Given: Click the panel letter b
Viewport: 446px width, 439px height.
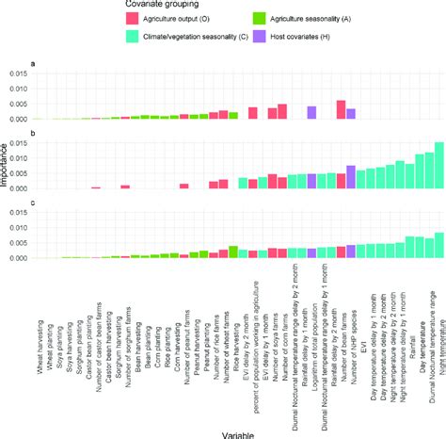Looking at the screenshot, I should click(35, 135).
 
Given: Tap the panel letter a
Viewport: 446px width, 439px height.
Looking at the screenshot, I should click(35, 65).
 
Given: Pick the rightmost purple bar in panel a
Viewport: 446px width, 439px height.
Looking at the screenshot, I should click(350, 114).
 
